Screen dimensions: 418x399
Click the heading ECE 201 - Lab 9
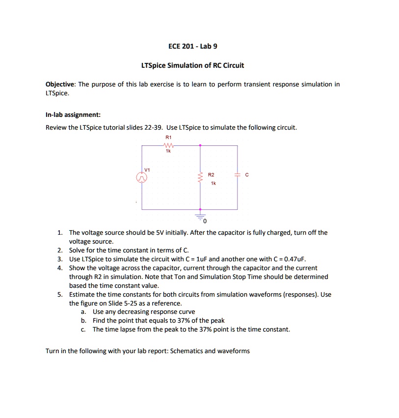(x=192, y=47)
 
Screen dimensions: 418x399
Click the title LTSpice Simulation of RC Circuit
(x=192, y=65)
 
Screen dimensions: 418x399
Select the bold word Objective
(x=61, y=84)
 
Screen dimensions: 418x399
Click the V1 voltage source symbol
(x=142, y=178)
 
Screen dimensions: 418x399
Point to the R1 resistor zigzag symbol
(x=168, y=145)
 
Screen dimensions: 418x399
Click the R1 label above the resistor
(x=168, y=138)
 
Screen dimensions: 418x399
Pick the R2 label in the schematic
(x=211, y=174)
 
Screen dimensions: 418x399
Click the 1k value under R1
(x=168, y=151)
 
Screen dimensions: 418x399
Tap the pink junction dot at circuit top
(x=200, y=145)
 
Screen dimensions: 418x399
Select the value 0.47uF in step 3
(x=294, y=259)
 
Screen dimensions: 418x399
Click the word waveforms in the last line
(x=236, y=351)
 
